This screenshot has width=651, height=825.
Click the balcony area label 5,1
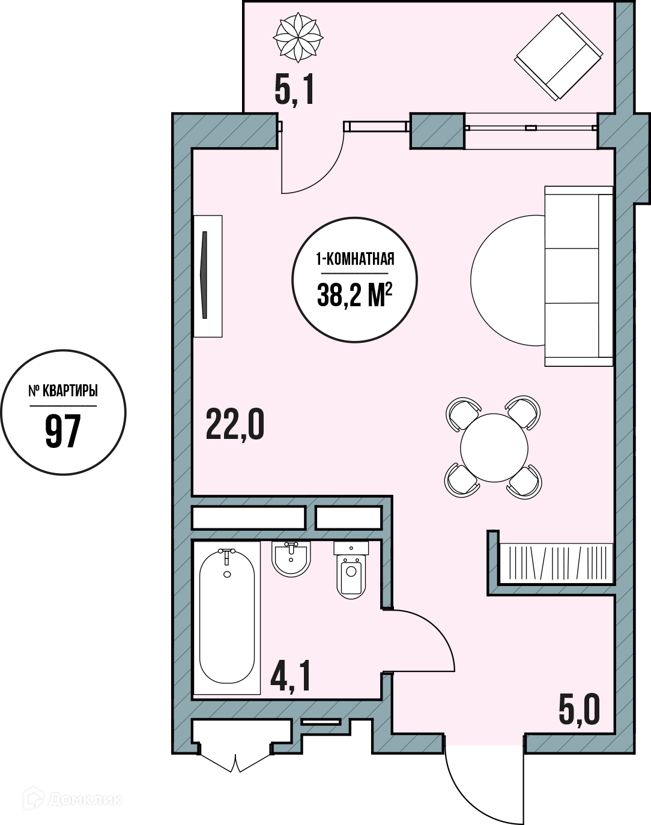[x=294, y=91]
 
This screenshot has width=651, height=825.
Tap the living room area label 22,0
[x=235, y=425]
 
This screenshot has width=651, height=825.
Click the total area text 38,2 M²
[x=355, y=295]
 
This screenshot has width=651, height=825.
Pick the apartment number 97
[x=63, y=431]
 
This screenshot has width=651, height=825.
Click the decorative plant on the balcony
[x=298, y=37]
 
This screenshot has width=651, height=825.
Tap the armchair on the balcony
[x=559, y=56]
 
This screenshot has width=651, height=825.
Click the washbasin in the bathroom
[x=291, y=559]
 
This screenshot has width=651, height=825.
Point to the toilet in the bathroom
[x=351, y=569]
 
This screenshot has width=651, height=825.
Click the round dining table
[x=494, y=448]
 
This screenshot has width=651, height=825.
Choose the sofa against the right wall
[x=579, y=276]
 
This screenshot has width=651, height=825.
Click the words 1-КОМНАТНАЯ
[x=355, y=259]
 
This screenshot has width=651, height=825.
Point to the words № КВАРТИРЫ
[x=63, y=391]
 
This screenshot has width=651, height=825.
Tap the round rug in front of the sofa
[x=508, y=280]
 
